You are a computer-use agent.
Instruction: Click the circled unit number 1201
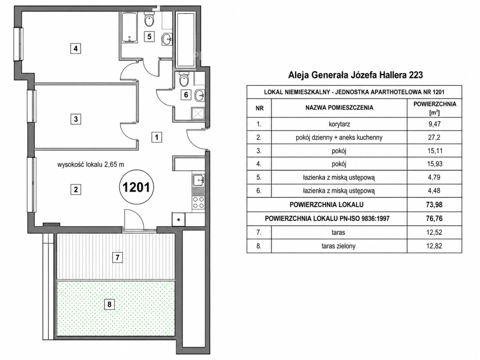(x=136, y=187)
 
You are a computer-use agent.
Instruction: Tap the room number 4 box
(x=76, y=48)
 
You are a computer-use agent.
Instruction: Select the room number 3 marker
(x=76, y=119)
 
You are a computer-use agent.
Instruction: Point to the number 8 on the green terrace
(x=109, y=304)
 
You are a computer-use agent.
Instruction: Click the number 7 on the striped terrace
(x=118, y=257)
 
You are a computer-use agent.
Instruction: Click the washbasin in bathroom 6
(x=200, y=95)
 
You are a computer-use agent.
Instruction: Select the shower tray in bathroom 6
(x=198, y=113)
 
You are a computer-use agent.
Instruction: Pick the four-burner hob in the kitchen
(x=198, y=202)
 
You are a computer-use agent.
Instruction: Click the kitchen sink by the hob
(x=198, y=184)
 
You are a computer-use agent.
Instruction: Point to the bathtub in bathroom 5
(x=130, y=27)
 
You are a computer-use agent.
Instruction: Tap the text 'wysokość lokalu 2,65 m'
(x=90, y=164)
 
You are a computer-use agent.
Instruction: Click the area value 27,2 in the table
(x=434, y=138)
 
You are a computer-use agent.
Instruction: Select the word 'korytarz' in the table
(x=339, y=124)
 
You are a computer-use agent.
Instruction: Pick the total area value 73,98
(x=434, y=204)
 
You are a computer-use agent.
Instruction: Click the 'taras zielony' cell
(x=339, y=246)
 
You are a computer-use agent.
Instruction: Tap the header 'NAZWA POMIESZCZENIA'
(x=339, y=108)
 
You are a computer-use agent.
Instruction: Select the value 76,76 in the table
(x=434, y=218)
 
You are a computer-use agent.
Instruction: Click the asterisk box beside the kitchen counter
(x=178, y=220)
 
